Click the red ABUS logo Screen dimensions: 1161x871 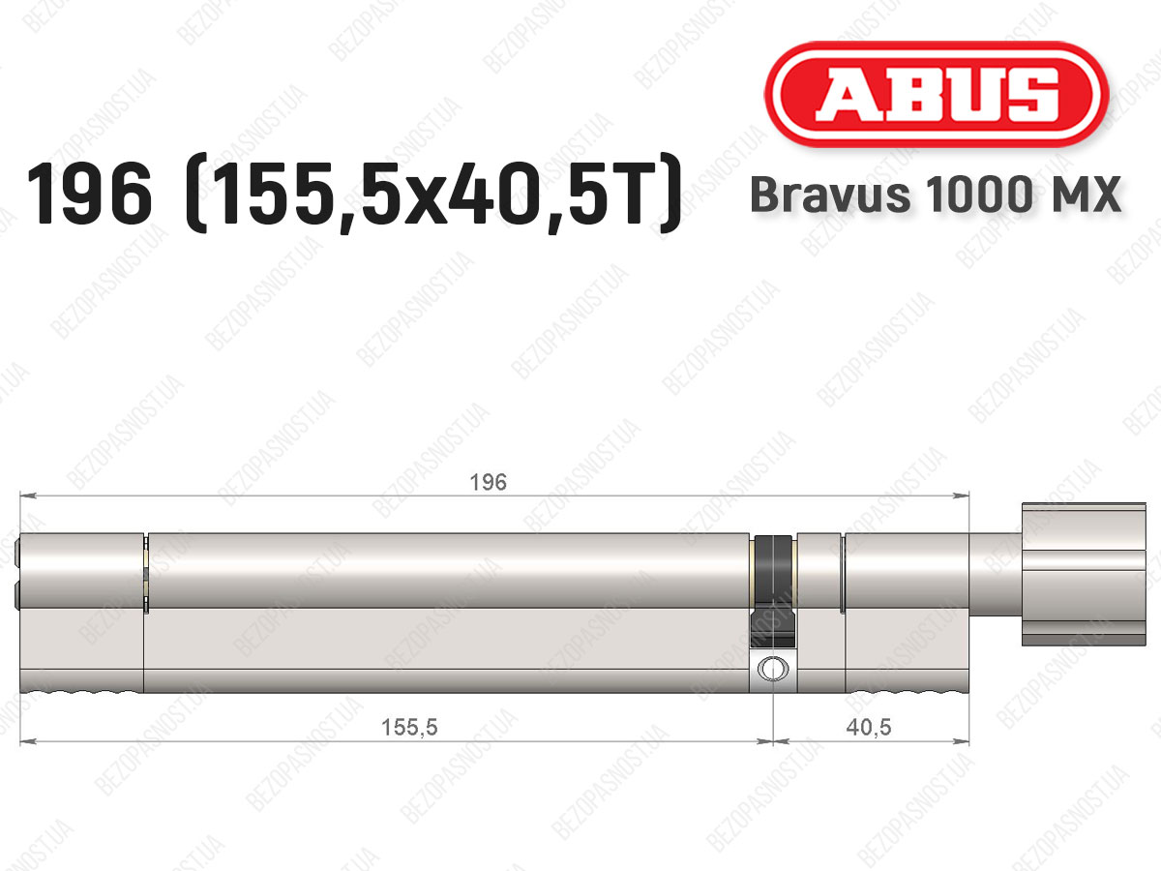(937, 94)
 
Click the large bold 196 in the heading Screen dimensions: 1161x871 (89, 194)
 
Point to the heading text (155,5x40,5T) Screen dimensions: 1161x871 (433, 194)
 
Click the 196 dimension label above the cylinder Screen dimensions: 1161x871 (489, 482)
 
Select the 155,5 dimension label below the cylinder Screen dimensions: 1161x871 (409, 727)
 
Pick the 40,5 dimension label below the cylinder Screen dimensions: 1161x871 (869, 727)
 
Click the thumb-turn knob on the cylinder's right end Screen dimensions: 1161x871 (1084, 574)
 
